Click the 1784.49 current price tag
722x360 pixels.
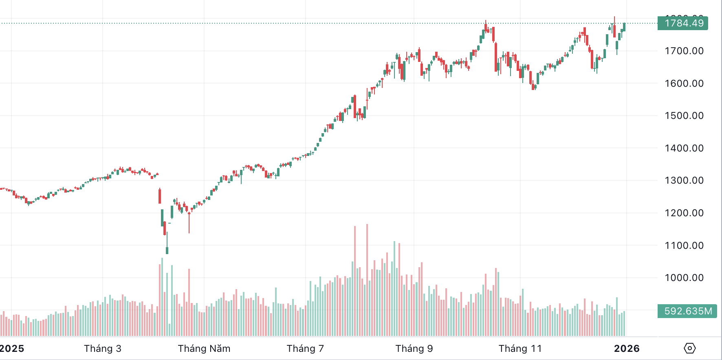coord(683,23)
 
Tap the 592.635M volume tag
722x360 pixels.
coord(687,311)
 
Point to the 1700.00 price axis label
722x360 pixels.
coord(684,51)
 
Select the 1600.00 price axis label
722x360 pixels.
coord(684,83)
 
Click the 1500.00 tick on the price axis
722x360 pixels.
coord(684,116)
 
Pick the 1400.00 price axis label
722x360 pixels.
coord(684,148)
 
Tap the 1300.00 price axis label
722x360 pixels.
coord(684,180)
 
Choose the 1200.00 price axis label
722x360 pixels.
coord(684,213)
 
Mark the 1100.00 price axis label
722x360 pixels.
coord(684,246)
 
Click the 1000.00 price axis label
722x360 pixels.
coord(684,278)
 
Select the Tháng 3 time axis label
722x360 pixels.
coord(103,349)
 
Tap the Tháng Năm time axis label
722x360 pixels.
coord(204,349)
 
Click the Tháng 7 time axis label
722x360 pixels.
coord(305,349)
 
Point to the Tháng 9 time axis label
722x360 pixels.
coord(414,349)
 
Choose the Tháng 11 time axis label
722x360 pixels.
coord(520,349)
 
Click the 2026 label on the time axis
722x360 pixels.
coord(627,349)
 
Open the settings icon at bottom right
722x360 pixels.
coord(690,348)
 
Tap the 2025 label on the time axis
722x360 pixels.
coord(12,349)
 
